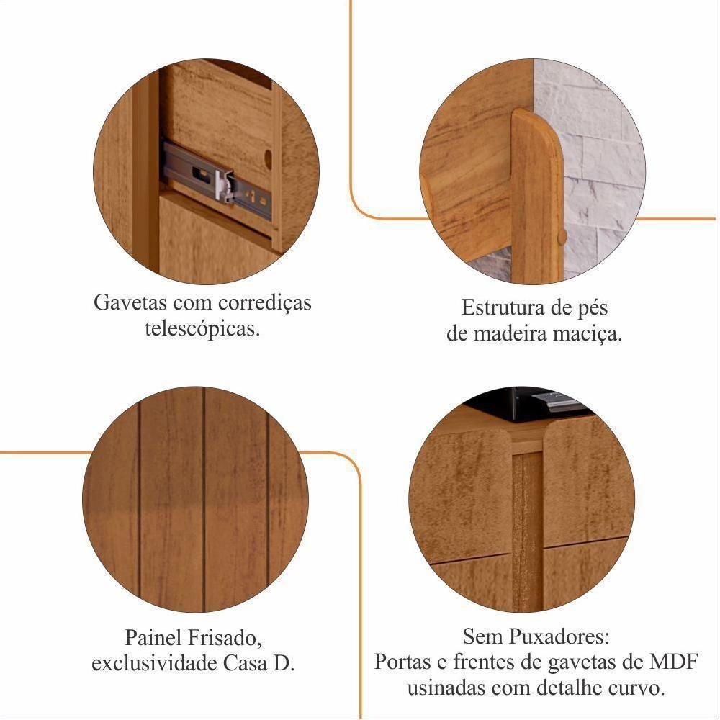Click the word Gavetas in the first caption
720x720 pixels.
(130, 302)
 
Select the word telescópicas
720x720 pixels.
(202, 329)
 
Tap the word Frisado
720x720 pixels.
(223, 638)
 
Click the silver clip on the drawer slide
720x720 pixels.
(225, 185)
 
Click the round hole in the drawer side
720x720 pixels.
(268, 159)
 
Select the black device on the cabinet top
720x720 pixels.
(546, 401)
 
